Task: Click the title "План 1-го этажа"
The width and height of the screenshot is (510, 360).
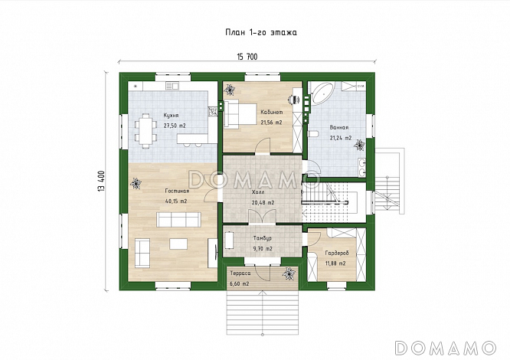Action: (x=261, y=32)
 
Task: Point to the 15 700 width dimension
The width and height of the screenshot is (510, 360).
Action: (x=247, y=57)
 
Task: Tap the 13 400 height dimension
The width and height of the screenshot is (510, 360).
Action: (x=101, y=181)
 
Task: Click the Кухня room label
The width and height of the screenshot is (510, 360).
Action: (x=171, y=116)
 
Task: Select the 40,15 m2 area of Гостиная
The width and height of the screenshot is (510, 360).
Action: (x=176, y=201)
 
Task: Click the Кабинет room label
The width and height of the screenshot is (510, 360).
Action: (x=272, y=112)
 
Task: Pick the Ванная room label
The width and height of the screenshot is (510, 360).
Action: (x=339, y=127)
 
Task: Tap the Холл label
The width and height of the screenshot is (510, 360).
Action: (x=258, y=192)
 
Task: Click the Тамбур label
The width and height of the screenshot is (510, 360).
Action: (x=263, y=238)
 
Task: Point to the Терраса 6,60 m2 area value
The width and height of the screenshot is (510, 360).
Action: (x=240, y=284)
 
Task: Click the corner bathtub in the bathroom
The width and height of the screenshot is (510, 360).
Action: (x=322, y=93)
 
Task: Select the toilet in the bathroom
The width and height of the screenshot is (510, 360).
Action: (x=313, y=134)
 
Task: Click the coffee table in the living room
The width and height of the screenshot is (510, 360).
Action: (x=178, y=244)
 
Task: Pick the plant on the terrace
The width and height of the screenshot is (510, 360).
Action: (x=289, y=273)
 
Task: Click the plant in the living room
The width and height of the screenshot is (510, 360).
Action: (x=136, y=184)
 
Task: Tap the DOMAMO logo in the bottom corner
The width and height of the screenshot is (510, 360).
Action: (x=445, y=348)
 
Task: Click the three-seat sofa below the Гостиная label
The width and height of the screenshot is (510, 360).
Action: (x=178, y=220)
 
